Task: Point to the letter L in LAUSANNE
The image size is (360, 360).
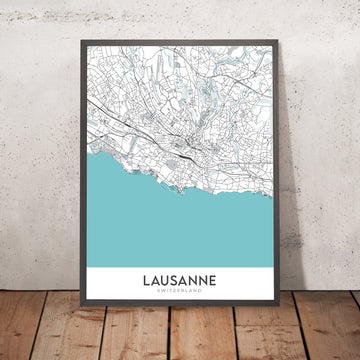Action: pos(147,280)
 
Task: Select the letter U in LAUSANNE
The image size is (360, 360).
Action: pos(165,280)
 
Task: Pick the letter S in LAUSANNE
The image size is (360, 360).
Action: pos(175,280)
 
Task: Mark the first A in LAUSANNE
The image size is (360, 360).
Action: pos(156,280)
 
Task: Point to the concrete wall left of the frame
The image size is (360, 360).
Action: pos(35,150)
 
